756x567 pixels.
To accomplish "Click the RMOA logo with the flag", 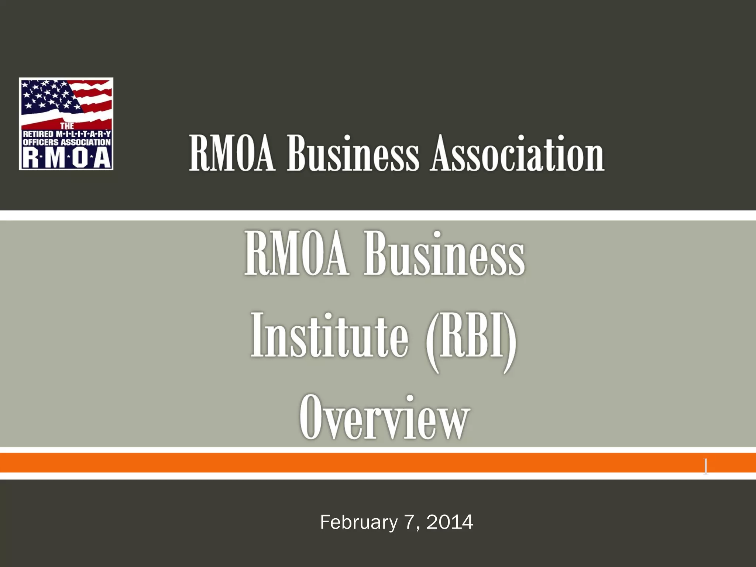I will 66,124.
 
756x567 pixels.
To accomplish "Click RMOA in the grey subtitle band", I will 296,254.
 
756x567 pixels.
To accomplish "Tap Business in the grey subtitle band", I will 444,254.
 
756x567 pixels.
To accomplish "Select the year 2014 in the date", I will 450,522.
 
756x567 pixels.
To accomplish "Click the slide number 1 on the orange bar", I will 705,467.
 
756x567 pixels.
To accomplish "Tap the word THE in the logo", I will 67,126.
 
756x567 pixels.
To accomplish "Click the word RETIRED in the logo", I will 38,134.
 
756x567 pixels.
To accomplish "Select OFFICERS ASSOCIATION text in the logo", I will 67,142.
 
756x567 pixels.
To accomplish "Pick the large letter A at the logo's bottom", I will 102,158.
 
